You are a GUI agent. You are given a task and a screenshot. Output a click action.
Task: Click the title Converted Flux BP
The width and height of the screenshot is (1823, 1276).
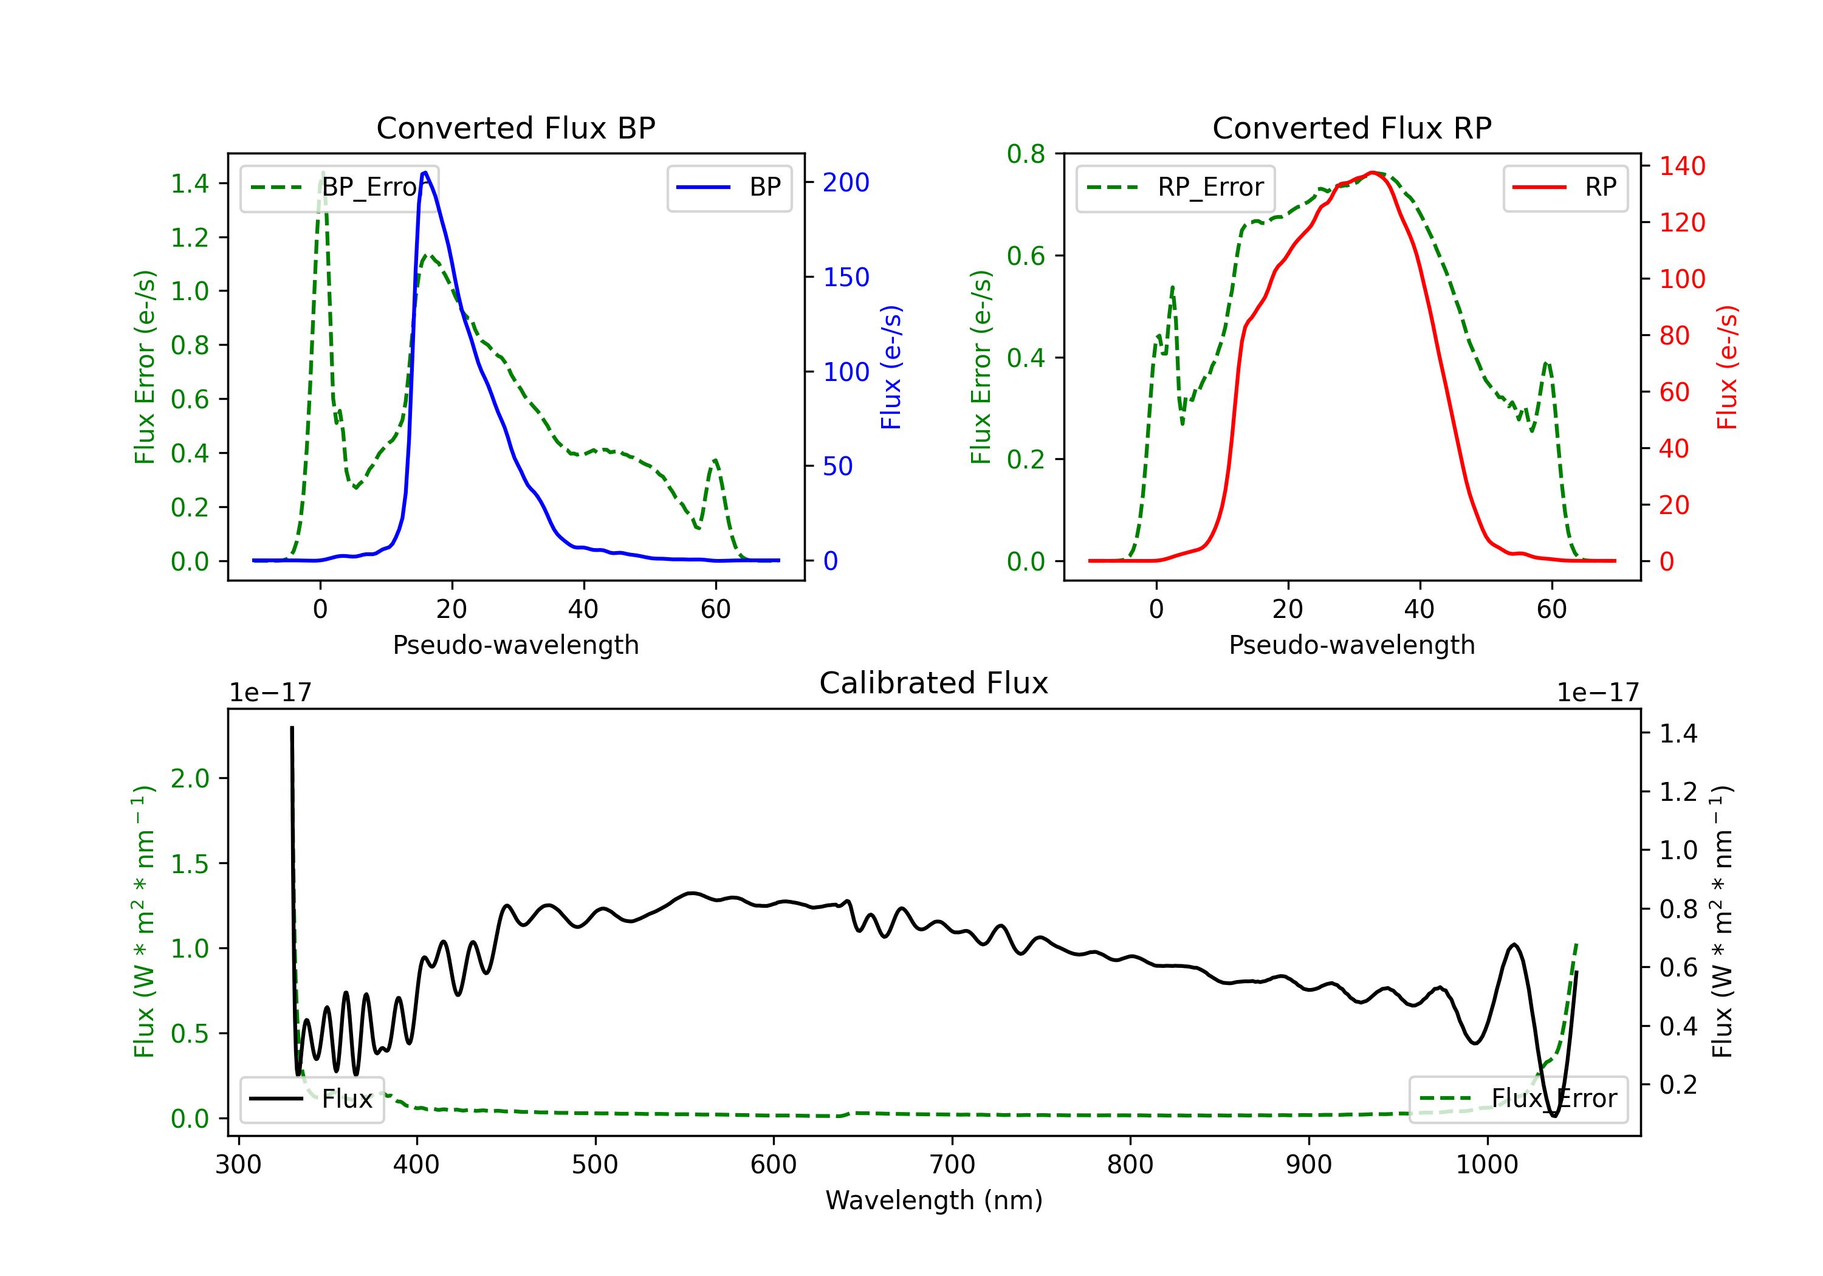pos(515,128)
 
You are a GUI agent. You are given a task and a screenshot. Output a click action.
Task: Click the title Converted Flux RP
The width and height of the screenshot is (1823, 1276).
pos(1351,128)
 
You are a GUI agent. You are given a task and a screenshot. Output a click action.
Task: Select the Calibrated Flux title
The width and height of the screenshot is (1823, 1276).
pos(934,683)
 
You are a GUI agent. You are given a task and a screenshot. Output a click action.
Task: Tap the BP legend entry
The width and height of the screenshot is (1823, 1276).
pos(729,187)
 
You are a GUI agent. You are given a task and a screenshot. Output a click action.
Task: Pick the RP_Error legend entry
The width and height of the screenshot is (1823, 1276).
pos(1175,187)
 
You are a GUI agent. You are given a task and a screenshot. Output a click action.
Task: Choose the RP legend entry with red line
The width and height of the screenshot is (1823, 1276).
pos(1565,187)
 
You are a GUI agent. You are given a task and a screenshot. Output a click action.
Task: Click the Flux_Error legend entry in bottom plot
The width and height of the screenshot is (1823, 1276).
pos(1518,1099)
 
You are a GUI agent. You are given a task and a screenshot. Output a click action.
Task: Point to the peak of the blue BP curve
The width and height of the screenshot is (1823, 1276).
pos(425,173)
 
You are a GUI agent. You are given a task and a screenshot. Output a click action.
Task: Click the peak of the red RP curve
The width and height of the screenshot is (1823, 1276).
pos(1372,173)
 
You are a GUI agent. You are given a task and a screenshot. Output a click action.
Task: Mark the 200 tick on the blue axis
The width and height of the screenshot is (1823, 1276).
pos(846,183)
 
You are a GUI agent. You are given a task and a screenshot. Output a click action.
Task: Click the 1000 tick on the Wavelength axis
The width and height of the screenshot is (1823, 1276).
pos(1487,1165)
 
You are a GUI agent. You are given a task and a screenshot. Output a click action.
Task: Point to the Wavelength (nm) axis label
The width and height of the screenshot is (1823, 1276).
pos(934,1201)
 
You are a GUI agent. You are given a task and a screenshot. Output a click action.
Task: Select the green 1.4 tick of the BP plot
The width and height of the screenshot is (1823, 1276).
pos(190,184)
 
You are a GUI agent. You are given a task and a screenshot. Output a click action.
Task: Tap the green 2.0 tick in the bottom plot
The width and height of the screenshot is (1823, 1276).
pos(190,778)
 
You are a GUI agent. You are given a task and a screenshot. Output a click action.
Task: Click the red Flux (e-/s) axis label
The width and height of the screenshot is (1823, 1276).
pos(1728,367)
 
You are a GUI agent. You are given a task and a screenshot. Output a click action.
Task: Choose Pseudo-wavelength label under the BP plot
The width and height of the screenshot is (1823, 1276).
pos(515,645)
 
